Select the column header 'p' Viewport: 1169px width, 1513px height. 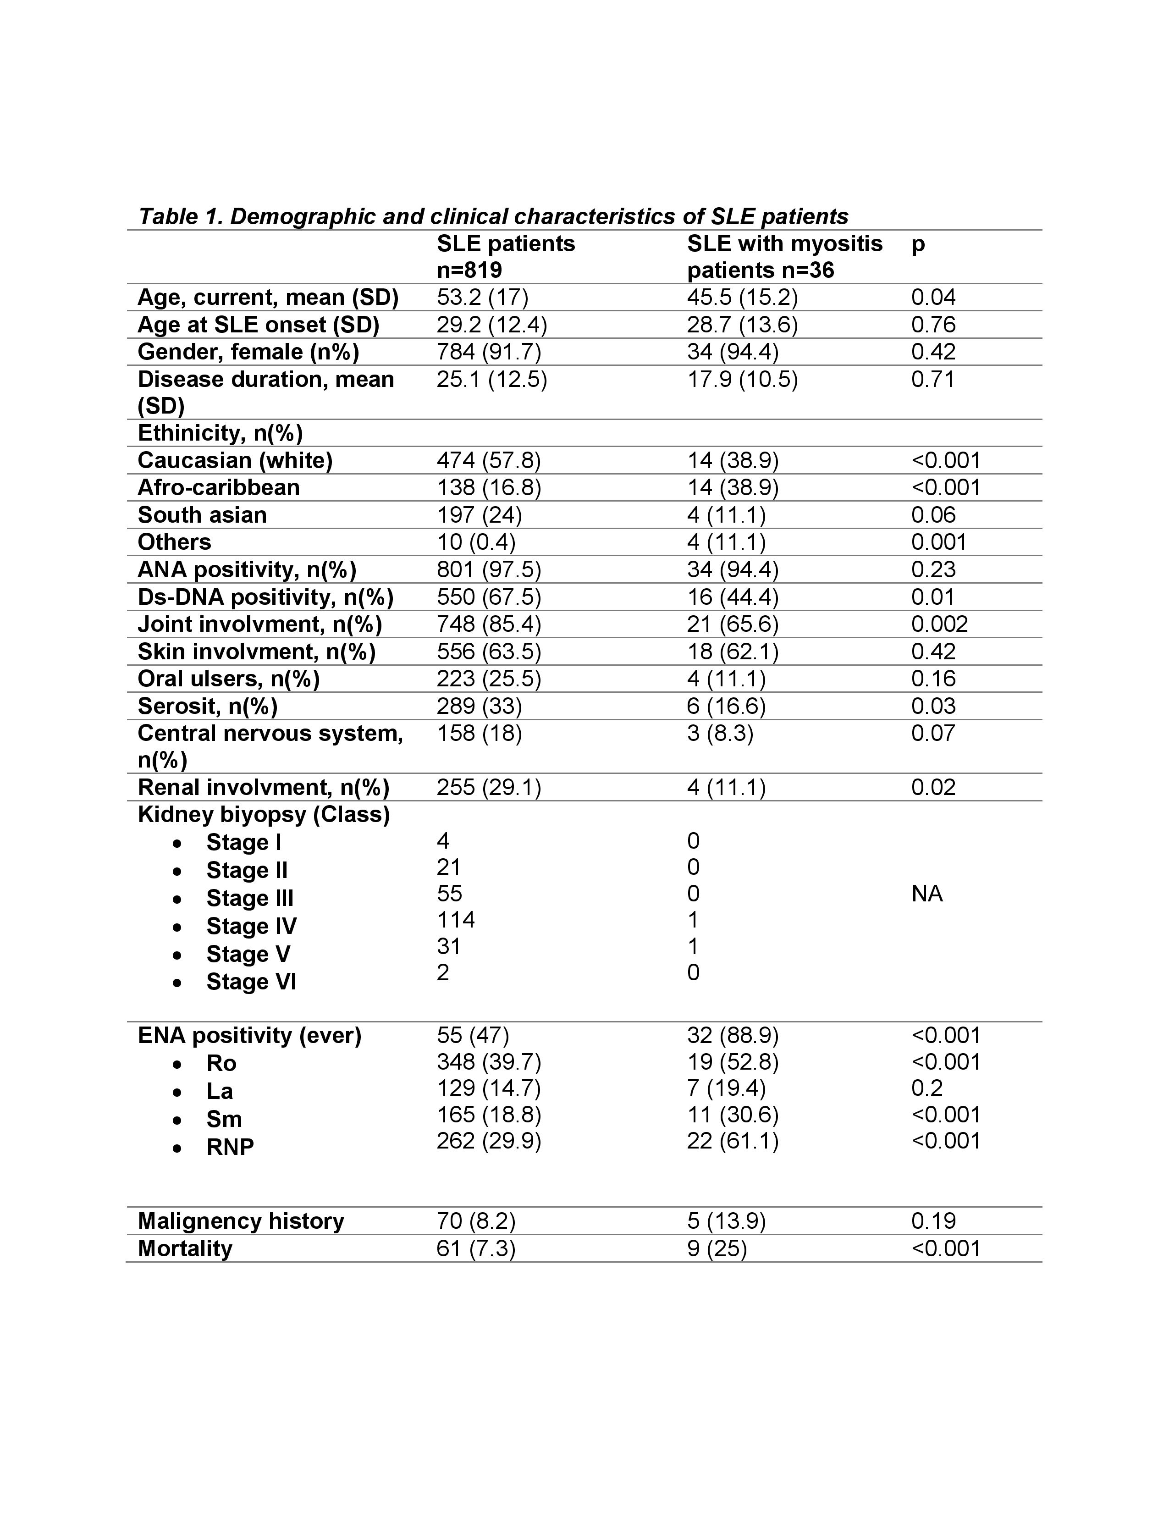(918, 244)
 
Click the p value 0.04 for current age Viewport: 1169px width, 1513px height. (933, 297)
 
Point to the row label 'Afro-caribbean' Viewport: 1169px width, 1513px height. (219, 488)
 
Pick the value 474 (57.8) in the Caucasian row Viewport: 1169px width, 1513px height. (488, 461)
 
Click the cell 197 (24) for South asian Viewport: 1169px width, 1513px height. (479, 515)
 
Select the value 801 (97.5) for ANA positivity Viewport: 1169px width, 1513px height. (488, 569)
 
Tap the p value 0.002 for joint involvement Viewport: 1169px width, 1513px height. (939, 624)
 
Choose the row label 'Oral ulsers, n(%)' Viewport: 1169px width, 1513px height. (229, 679)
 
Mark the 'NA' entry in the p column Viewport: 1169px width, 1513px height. (926, 894)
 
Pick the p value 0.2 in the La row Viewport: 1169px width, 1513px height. (926, 1088)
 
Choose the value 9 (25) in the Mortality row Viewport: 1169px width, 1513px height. (717, 1249)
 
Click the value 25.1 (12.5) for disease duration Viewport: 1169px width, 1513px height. (492, 380)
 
